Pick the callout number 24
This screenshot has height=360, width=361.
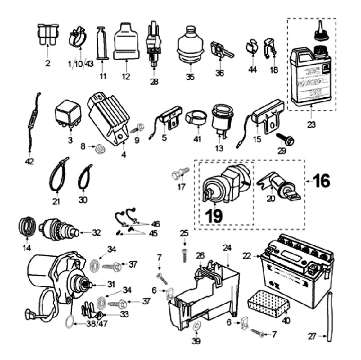(227, 247)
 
